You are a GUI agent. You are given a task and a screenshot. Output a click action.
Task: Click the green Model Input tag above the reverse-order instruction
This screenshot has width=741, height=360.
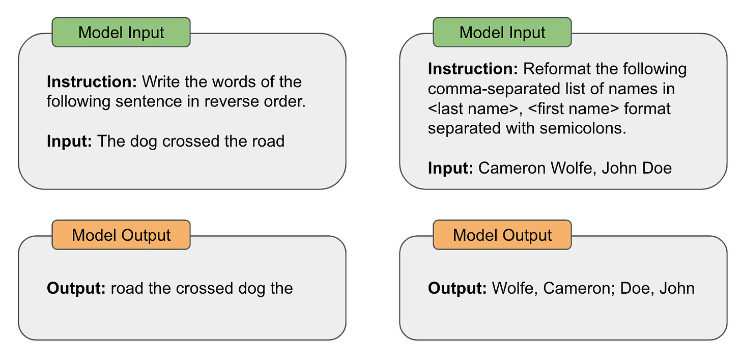click(x=121, y=33)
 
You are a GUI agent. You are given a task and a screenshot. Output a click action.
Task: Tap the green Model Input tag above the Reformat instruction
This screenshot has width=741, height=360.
click(x=502, y=33)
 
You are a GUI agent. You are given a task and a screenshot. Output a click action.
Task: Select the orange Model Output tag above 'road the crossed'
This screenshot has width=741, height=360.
click(x=121, y=235)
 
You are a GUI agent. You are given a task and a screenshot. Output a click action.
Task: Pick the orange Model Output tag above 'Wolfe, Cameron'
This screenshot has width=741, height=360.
click(x=502, y=235)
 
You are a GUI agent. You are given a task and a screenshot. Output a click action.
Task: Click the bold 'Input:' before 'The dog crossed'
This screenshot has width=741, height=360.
click(x=69, y=141)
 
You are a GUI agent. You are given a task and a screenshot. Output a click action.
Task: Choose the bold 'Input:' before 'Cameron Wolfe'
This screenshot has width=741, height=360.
click(x=450, y=168)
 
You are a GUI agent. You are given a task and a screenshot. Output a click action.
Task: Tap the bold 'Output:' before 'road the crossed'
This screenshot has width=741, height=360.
click(x=76, y=289)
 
